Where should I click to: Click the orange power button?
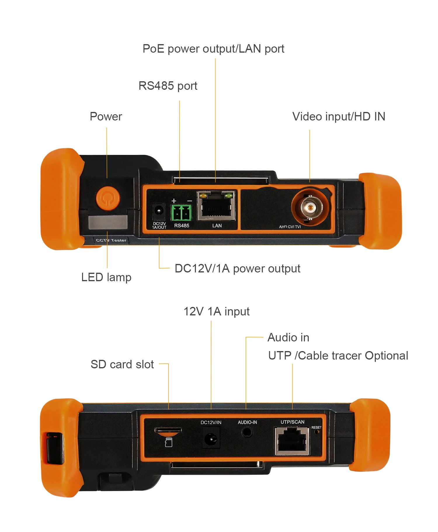[108, 198]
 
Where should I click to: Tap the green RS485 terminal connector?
[181, 213]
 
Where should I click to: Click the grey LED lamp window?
[108, 222]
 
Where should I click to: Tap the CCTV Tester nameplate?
[111, 240]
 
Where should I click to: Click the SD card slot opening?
[168, 430]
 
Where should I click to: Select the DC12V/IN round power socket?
[211, 438]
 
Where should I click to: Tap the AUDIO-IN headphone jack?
[247, 432]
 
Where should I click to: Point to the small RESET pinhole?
[316, 432]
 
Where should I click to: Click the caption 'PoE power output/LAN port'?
[213, 49]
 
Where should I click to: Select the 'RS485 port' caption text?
[168, 86]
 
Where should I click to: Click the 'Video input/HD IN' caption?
[339, 117]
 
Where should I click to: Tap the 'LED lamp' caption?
[106, 277]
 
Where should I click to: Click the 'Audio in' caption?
[288, 338]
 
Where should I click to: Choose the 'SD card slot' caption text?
[122, 365]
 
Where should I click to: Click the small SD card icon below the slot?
[168, 443]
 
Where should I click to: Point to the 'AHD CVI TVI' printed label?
[290, 227]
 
